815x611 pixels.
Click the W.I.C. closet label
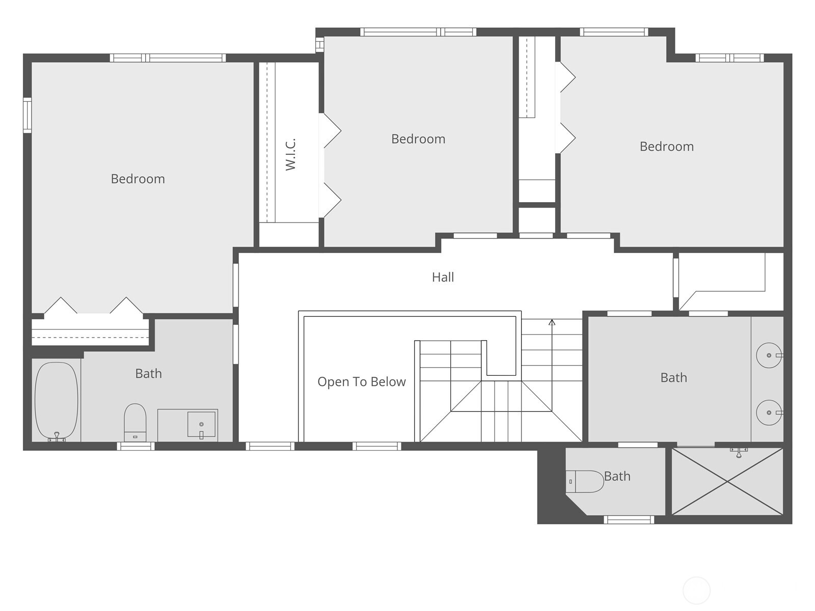(291, 154)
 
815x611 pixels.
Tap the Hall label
(443, 277)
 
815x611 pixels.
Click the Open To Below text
(361, 382)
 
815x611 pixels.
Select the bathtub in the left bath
(56, 400)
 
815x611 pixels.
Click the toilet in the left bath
(135, 422)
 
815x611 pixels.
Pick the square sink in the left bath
(201, 424)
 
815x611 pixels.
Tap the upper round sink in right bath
(769, 355)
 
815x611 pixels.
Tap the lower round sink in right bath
(769, 412)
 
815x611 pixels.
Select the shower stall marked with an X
(727, 481)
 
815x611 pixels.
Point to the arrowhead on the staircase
(552, 322)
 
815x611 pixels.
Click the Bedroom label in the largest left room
(138, 179)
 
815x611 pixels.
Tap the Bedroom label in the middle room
(418, 139)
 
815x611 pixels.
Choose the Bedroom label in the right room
(666, 147)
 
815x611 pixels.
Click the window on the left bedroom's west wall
(28, 116)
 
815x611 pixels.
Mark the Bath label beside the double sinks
(673, 378)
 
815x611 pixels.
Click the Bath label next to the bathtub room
(148, 374)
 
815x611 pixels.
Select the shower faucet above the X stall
(738, 452)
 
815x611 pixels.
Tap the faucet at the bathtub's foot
(57, 437)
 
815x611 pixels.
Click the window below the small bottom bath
(629, 520)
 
